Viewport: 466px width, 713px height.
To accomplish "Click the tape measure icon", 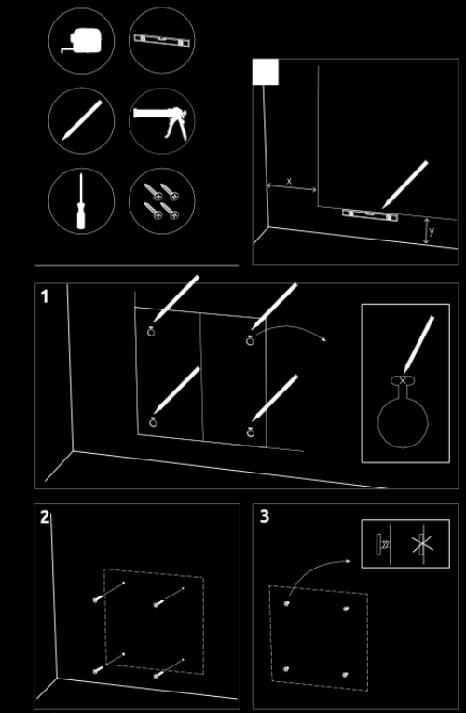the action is [82, 41].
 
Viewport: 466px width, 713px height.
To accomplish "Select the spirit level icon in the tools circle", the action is [161, 40].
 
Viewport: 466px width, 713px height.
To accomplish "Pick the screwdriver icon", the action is [81, 201].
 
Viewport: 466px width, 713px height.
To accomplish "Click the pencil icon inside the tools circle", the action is [82, 120].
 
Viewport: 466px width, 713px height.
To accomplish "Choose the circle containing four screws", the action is [162, 201].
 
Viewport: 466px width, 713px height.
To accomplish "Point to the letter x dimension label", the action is [289, 181].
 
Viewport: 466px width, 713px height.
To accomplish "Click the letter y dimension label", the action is [432, 231].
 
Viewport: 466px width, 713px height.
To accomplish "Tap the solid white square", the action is [266, 72].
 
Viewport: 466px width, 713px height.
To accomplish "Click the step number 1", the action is [44, 296].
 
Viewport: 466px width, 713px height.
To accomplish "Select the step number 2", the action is [45, 517].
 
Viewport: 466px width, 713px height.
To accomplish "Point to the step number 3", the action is [265, 516].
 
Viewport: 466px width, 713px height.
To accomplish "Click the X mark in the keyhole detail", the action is [403, 380].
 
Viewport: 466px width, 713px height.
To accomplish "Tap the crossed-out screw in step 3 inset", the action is [422, 544].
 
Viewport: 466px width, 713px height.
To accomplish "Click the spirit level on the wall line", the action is [370, 214].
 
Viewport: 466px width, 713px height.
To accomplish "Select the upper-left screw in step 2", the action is [109, 591].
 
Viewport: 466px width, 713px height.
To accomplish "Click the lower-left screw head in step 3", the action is [286, 669].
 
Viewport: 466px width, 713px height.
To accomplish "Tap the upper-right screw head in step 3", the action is [346, 609].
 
